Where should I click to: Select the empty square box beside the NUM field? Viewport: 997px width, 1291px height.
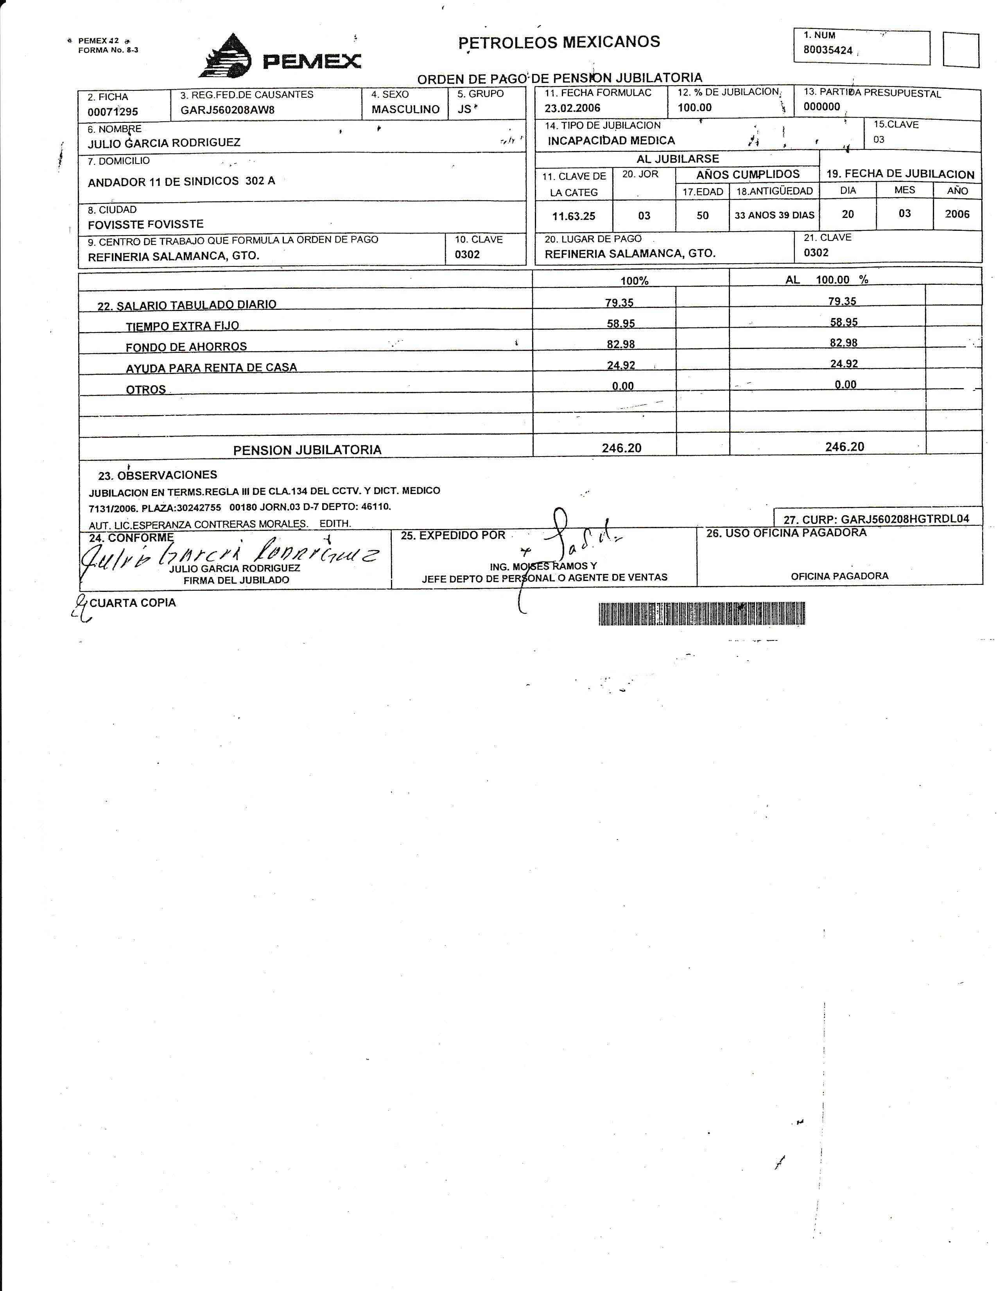point(960,50)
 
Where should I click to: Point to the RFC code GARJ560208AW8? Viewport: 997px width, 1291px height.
point(228,110)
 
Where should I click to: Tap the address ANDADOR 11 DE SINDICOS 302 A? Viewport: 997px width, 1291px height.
point(181,182)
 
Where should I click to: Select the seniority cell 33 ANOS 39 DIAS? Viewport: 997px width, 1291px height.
point(774,215)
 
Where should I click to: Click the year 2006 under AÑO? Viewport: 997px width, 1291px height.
point(957,214)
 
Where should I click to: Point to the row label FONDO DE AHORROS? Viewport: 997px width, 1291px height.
point(186,347)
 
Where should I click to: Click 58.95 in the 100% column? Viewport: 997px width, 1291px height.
point(621,324)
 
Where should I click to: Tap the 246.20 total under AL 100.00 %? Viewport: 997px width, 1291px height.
point(844,447)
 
